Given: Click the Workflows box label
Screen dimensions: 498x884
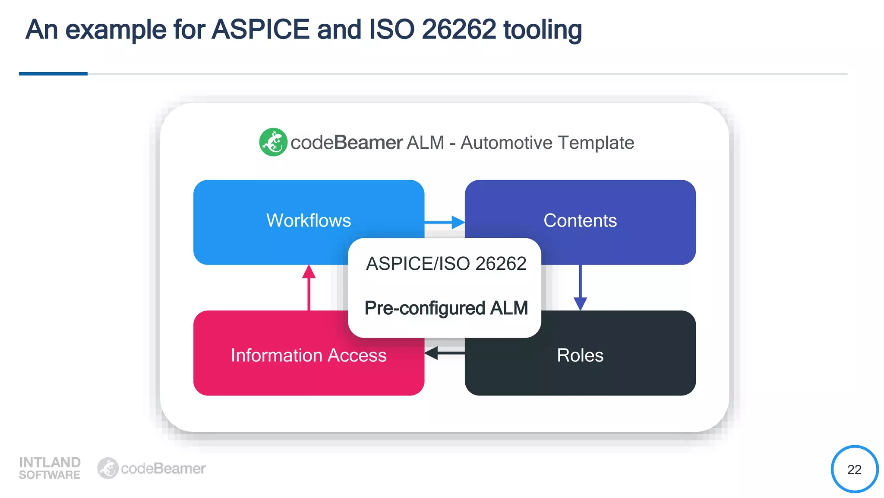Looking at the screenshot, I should click(308, 220).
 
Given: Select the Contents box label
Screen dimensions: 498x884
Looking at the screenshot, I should click(580, 220).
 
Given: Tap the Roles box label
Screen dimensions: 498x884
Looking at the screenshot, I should click(580, 355).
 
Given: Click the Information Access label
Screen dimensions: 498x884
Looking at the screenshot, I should click(308, 355).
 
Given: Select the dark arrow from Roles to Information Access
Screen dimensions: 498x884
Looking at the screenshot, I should click(445, 353).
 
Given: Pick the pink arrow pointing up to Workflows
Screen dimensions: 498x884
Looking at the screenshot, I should click(309, 287).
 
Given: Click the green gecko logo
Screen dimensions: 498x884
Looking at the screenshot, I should click(273, 142).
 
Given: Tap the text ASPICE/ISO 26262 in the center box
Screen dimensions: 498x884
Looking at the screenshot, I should click(446, 264).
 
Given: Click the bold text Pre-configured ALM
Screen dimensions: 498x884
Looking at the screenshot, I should click(446, 308).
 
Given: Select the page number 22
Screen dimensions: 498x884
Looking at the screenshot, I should click(854, 469).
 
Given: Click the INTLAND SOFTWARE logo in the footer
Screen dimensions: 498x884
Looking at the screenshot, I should click(50, 468).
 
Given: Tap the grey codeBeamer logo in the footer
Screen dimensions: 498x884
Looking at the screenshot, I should click(152, 468).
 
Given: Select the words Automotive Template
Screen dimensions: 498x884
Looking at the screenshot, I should click(547, 143).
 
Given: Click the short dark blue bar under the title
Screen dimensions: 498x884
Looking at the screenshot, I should click(53, 74).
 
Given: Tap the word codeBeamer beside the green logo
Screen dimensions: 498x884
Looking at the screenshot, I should click(347, 143).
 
